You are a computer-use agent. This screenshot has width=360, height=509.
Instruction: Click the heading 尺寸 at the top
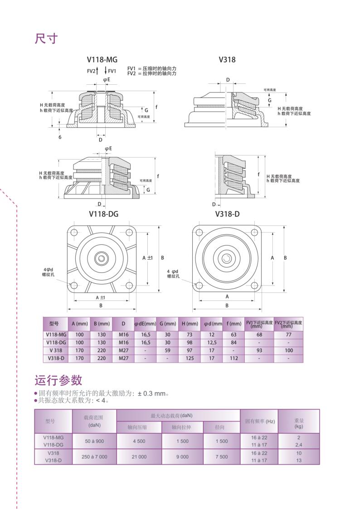(x=46, y=39)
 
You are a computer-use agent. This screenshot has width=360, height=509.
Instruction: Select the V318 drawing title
(x=227, y=59)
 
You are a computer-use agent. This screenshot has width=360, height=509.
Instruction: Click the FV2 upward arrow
(x=98, y=71)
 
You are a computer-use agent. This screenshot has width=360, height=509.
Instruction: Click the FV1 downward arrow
(x=105, y=71)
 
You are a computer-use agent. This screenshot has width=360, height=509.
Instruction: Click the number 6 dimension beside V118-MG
(x=60, y=136)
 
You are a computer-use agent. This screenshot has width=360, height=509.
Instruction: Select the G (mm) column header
(x=167, y=324)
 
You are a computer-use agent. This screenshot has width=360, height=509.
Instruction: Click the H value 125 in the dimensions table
(x=190, y=358)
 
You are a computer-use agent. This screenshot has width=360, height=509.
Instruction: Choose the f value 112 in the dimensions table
(x=234, y=358)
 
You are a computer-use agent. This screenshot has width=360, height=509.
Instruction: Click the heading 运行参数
(x=58, y=380)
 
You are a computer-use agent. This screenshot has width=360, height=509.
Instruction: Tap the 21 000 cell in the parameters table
(x=139, y=457)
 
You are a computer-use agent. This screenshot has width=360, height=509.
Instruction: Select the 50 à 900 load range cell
(x=94, y=441)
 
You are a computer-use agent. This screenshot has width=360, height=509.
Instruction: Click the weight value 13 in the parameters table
(x=299, y=461)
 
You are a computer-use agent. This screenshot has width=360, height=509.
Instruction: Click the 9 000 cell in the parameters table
(x=182, y=457)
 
